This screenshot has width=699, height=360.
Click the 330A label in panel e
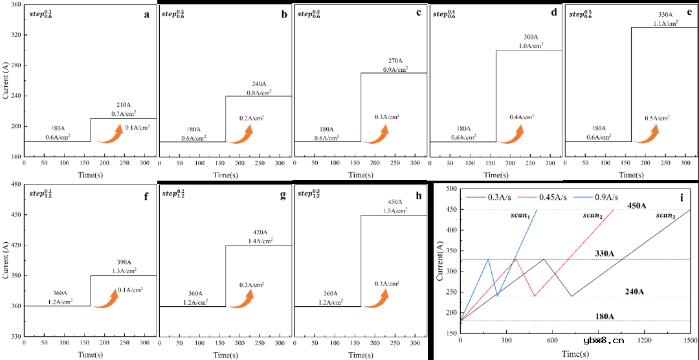[x=665, y=14]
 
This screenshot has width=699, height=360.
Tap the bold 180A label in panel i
[x=604, y=317]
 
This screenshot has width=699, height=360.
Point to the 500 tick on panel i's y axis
[x=451, y=188]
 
